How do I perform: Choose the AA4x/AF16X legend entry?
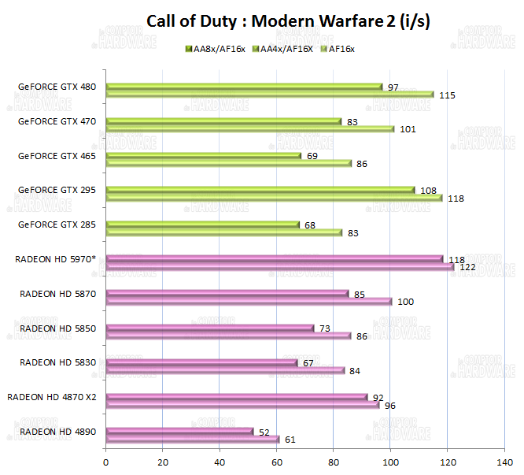(x=285, y=49)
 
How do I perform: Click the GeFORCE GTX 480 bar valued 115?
(x=269, y=95)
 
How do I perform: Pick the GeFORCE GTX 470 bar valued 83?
(x=223, y=121)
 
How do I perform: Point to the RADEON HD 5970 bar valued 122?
(x=279, y=267)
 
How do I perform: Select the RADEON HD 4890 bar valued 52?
(x=179, y=432)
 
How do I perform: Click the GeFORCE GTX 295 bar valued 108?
(x=260, y=190)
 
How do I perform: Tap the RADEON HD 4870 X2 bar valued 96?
(x=242, y=405)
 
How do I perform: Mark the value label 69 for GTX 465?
(x=312, y=156)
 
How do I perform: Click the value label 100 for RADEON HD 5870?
(x=407, y=301)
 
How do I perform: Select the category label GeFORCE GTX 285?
(x=57, y=225)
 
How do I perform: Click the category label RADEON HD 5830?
(x=57, y=362)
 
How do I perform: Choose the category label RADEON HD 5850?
(x=57, y=328)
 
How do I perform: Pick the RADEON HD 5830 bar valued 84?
(x=225, y=370)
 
